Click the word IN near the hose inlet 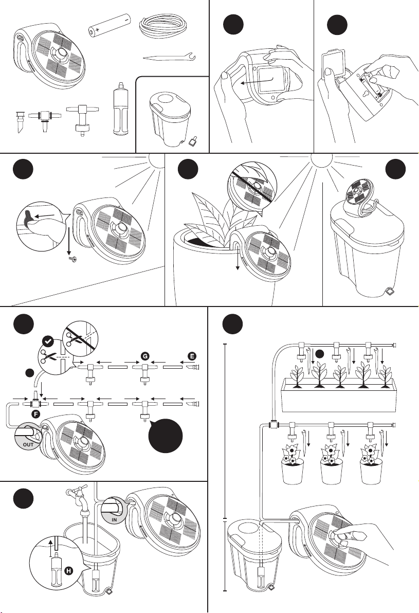(116, 520)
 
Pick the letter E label (192, 355)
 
